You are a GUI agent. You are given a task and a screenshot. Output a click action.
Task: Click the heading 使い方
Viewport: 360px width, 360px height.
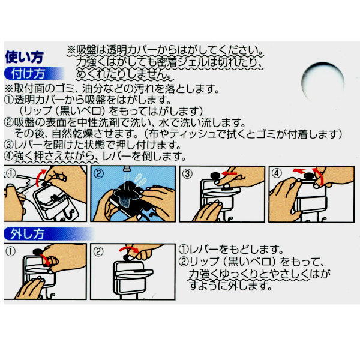point(24,58)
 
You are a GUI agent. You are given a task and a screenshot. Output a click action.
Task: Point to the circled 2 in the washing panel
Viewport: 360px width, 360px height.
point(100,175)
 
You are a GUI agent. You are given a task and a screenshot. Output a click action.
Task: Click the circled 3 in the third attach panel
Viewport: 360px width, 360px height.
point(188,175)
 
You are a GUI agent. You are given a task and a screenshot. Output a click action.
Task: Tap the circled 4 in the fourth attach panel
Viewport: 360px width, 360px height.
point(277,175)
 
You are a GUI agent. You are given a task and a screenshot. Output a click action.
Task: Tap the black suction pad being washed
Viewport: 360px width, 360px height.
point(129,196)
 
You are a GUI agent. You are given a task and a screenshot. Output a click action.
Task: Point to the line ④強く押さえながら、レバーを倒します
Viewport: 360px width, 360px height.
point(93,156)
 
